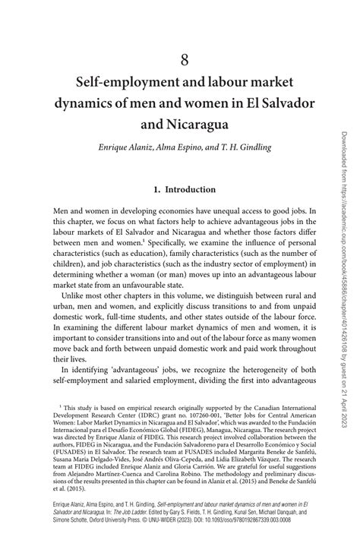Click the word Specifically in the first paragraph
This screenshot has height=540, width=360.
pos(159,242)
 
